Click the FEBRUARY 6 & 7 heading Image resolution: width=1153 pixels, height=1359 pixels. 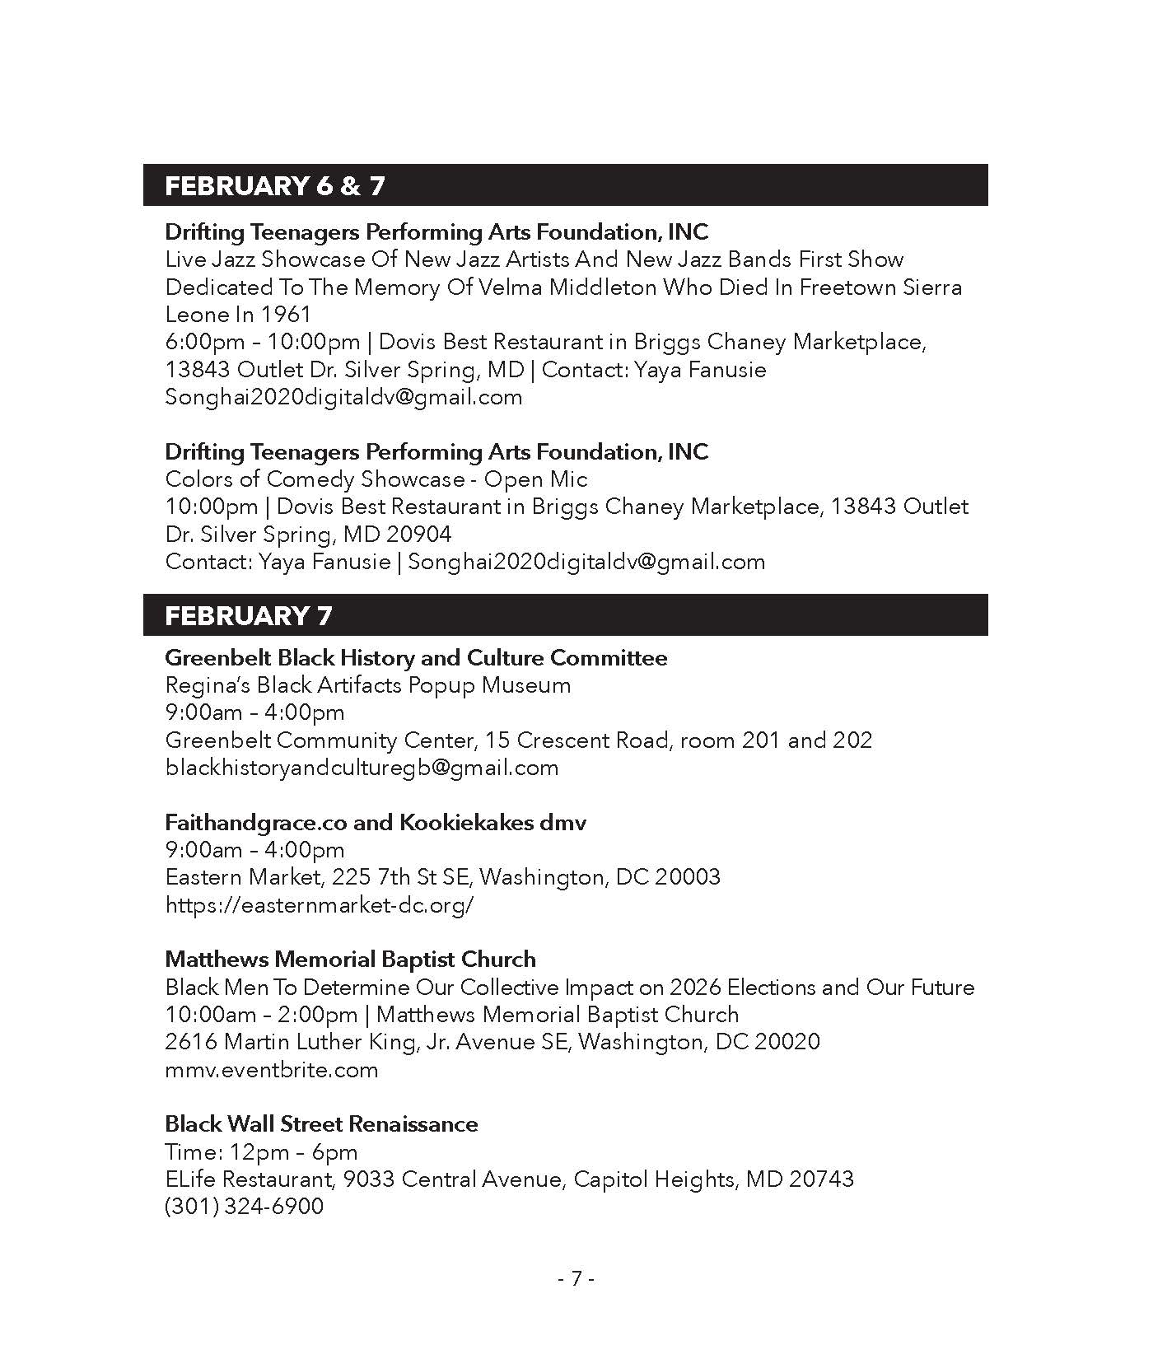(x=274, y=186)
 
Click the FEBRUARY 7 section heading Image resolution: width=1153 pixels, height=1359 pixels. (x=248, y=616)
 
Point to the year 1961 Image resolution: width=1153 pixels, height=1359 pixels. (x=286, y=315)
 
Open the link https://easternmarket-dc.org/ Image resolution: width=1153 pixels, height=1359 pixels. (x=320, y=905)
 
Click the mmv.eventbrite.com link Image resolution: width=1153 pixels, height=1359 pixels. (x=271, y=1070)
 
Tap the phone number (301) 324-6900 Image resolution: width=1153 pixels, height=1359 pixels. (x=244, y=1207)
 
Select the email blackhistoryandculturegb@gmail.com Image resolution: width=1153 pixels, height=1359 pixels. (x=362, y=768)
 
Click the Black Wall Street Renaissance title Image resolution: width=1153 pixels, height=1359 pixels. (x=321, y=1124)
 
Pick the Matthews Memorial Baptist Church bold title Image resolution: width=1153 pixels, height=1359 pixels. (x=350, y=960)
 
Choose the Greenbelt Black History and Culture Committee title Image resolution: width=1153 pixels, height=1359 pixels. (x=416, y=658)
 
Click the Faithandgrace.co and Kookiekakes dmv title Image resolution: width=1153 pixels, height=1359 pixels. (x=376, y=823)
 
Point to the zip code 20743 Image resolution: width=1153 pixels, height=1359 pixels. (x=821, y=1179)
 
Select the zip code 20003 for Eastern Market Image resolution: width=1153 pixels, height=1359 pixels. (x=687, y=877)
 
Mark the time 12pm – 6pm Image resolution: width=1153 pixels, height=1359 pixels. (x=292, y=1152)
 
